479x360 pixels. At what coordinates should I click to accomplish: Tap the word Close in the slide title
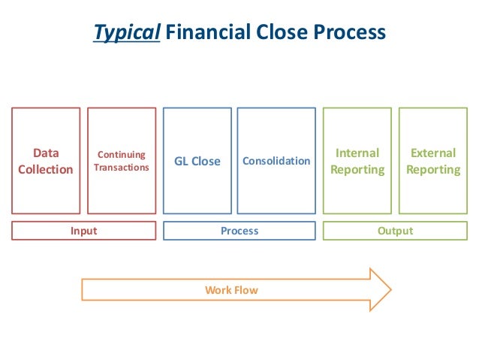(270, 33)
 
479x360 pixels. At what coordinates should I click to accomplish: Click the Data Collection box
(46, 161)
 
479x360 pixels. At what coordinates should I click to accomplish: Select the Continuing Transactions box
(122, 161)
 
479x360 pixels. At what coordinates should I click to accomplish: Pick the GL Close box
(197, 161)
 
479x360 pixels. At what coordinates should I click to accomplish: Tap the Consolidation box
(276, 161)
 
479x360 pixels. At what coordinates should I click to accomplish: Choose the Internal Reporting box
(357, 161)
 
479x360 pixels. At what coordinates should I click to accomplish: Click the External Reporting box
(433, 161)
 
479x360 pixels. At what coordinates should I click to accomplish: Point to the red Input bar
(83, 231)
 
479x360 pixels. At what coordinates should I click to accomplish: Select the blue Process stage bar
(239, 231)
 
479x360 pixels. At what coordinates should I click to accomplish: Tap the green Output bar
(395, 231)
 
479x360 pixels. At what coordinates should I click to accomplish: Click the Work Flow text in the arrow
(231, 289)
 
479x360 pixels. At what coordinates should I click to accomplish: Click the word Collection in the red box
(46, 169)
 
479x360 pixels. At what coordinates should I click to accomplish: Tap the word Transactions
(122, 167)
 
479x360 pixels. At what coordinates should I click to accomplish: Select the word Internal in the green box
(357, 153)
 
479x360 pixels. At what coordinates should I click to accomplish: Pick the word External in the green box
(433, 153)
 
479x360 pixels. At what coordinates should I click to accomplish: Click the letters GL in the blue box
(182, 162)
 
